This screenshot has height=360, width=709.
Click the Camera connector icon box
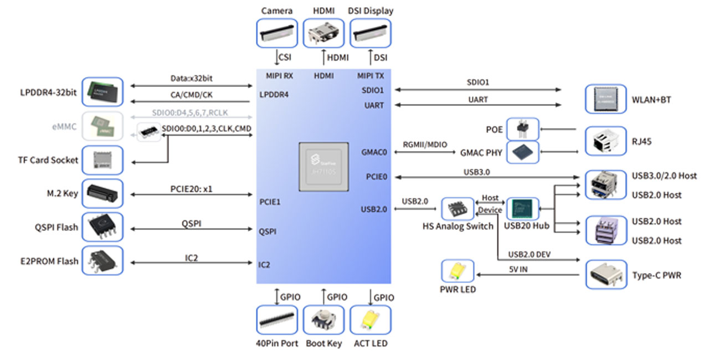tap(277, 33)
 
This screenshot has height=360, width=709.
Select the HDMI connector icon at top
tap(323, 33)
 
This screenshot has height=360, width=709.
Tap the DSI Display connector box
tap(370, 33)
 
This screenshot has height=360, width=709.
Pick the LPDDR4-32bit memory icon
tap(102, 92)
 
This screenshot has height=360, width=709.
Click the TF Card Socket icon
tap(102, 160)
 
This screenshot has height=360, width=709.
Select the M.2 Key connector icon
tap(102, 193)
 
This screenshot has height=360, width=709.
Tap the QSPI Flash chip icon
tap(102, 227)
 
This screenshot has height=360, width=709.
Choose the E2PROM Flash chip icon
tap(102, 261)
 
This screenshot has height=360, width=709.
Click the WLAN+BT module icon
tap(606, 99)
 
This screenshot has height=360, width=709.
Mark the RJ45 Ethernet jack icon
tap(606, 141)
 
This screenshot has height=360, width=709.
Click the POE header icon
tap(522, 129)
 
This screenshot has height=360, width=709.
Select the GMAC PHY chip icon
tap(522, 152)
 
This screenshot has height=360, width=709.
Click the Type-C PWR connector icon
tap(606, 274)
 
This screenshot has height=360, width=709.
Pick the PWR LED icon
tap(458, 272)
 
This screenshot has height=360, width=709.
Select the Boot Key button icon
tap(323, 320)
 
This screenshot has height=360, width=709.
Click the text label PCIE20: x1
tap(192, 189)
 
